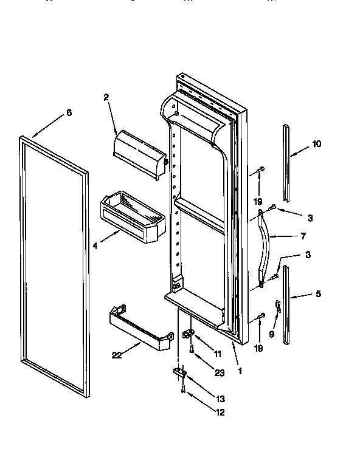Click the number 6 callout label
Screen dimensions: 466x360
69,112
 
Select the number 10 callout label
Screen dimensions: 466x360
317,144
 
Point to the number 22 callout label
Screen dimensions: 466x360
117,355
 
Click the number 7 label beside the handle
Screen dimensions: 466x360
303,236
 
